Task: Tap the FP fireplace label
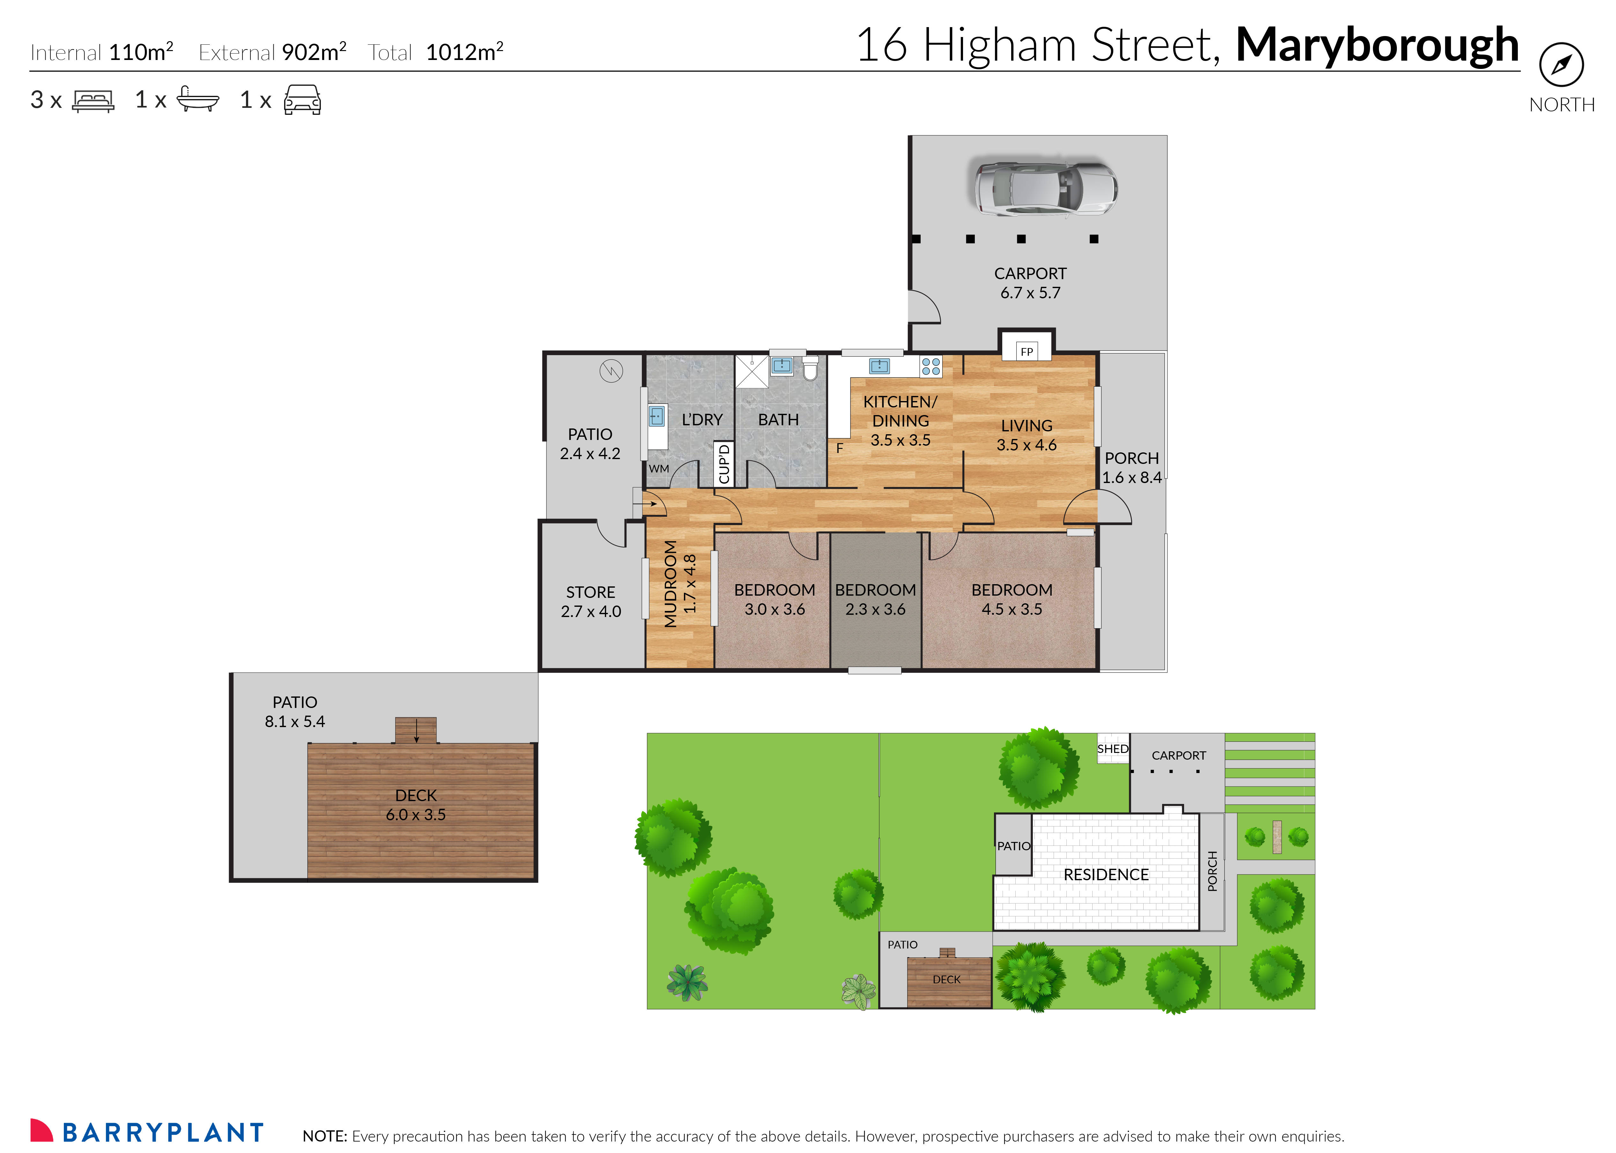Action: (x=1026, y=352)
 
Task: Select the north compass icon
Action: (x=1561, y=65)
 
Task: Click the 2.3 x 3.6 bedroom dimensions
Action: (x=875, y=609)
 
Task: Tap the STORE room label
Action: (x=590, y=592)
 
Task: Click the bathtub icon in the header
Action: (x=198, y=100)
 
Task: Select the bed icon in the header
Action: (x=93, y=101)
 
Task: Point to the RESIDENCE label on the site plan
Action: (x=1106, y=875)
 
